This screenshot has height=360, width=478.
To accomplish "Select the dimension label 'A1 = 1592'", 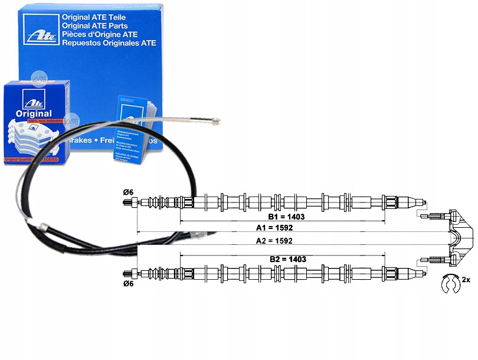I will (274, 227).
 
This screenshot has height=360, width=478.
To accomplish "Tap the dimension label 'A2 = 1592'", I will (274, 241).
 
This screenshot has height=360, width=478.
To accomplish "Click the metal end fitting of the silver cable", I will (215, 122).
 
